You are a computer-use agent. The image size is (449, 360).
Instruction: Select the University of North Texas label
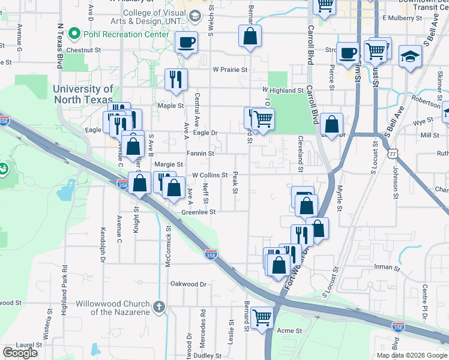[x=83, y=94]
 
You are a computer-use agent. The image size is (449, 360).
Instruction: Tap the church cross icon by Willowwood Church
[x=159, y=307]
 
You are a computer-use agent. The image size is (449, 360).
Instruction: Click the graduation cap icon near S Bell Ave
[x=411, y=56]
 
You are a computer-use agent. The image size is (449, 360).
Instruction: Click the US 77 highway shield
[x=393, y=154]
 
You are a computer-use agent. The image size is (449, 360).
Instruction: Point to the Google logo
[x=20, y=353]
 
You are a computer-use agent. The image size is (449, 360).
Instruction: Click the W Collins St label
[x=209, y=176]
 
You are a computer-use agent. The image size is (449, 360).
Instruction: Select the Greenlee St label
[x=198, y=212]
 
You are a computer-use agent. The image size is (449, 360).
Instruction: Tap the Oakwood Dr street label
[x=188, y=284]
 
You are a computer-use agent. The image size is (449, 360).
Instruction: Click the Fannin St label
[x=200, y=154]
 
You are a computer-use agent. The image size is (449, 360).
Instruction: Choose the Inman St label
[x=386, y=267]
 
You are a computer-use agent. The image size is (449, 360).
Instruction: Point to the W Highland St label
[x=283, y=91]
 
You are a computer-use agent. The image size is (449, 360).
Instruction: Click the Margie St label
[x=169, y=164]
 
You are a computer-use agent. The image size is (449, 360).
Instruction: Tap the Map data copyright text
[x=412, y=355]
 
